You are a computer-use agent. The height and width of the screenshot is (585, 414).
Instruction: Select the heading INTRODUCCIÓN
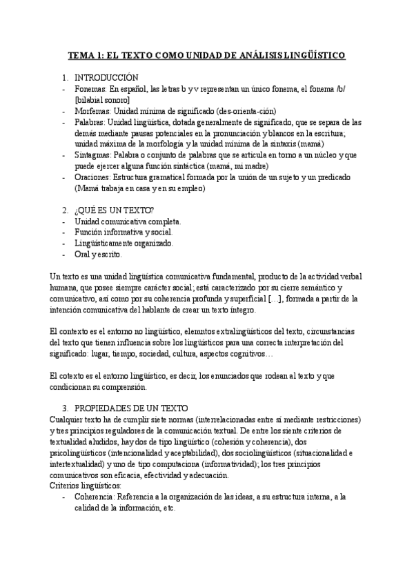pos(106,77)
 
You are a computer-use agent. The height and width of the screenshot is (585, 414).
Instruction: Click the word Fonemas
pos(90,89)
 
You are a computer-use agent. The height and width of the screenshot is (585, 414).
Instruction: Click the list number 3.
pos(65,408)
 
